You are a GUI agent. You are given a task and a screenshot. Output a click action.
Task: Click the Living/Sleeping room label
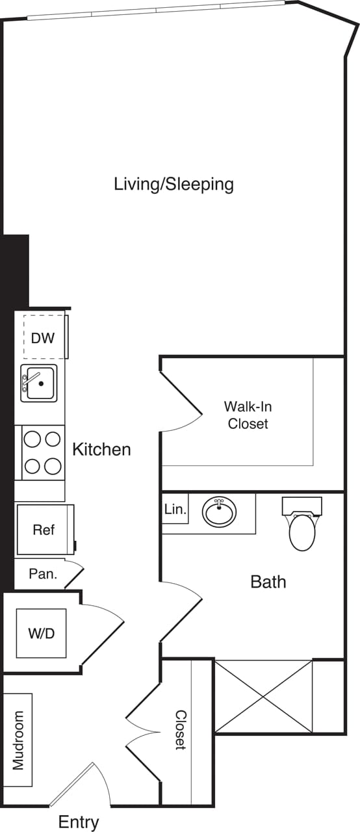click(174, 184)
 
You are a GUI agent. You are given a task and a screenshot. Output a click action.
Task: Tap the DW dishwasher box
click(44, 337)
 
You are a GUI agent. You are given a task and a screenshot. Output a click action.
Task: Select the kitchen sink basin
click(39, 383)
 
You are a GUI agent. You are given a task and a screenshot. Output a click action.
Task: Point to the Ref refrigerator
click(44, 530)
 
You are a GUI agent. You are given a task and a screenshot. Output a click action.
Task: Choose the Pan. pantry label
click(44, 575)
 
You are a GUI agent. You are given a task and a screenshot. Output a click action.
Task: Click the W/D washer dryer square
click(41, 633)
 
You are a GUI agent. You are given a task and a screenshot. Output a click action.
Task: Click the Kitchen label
click(101, 449)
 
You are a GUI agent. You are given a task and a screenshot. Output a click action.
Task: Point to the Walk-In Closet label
click(248, 415)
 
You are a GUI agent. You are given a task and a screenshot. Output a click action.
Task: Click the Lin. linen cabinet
click(175, 510)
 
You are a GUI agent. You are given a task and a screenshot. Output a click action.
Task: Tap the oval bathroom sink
click(220, 512)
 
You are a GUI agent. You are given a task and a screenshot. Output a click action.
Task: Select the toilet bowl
click(302, 532)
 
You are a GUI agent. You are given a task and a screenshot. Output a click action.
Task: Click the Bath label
click(268, 581)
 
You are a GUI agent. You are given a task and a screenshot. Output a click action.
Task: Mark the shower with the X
click(263, 696)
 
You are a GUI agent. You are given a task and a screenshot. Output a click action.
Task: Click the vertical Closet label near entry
click(180, 730)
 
